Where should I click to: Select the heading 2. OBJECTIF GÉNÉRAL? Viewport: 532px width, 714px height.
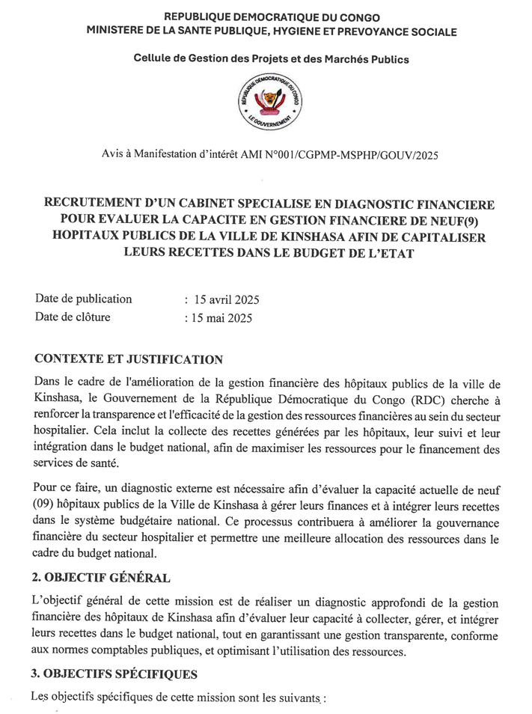coord(103,578)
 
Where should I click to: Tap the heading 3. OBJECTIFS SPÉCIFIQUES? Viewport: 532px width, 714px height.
coord(115,674)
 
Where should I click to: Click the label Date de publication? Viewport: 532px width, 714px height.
coord(83,299)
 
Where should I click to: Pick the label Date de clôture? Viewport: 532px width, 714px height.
coord(73,317)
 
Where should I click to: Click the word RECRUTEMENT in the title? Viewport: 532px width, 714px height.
coord(94,203)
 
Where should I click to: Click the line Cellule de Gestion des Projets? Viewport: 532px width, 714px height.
coord(272,58)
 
